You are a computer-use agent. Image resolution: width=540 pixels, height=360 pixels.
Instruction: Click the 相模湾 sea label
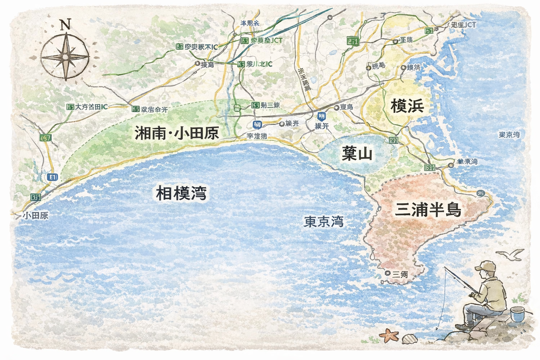point(181,193)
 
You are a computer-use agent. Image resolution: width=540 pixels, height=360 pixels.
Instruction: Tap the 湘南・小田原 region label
point(177,133)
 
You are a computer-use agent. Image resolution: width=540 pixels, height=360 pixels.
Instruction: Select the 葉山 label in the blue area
point(357,153)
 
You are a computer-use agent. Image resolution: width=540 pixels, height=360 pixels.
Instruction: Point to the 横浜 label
point(407,106)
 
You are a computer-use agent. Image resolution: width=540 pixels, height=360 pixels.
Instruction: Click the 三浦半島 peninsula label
point(428,210)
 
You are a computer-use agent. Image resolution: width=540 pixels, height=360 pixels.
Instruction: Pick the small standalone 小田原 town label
point(36,216)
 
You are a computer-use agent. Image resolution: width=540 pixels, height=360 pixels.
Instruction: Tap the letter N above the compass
point(66,25)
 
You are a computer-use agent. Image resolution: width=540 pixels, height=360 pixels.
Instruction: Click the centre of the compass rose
point(65,57)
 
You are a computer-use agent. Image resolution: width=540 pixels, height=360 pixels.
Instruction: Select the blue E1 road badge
point(52,177)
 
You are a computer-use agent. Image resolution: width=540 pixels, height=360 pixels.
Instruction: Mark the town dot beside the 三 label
point(387,273)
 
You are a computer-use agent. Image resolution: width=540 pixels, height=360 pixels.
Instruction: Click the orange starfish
point(388,334)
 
